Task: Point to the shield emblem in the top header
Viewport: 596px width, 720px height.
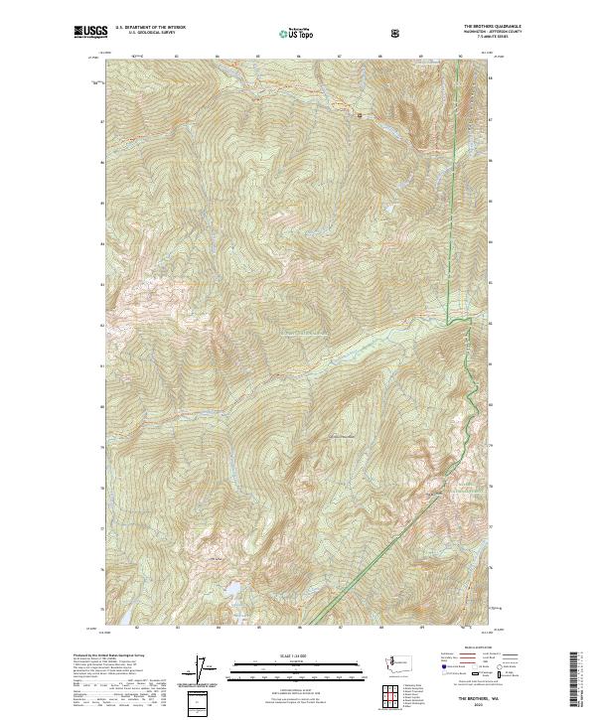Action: (397, 33)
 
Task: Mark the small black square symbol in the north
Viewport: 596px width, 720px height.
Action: (360, 116)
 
